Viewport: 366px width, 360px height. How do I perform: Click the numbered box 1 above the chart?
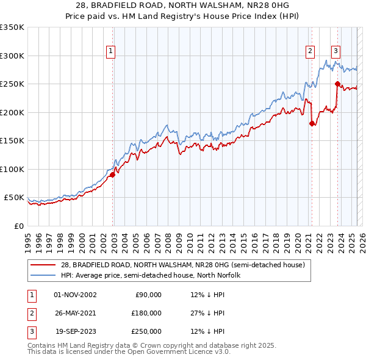pyautogui.click(x=111, y=52)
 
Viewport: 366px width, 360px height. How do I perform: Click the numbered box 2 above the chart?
pyautogui.click(x=310, y=52)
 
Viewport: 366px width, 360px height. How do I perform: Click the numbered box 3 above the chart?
pyautogui.click(x=336, y=52)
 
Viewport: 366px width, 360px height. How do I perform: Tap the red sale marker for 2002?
pyautogui.click(x=112, y=175)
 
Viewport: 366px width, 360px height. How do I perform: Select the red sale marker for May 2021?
pyautogui.click(x=312, y=123)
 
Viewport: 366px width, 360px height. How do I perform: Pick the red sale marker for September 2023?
pyautogui.click(x=337, y=84)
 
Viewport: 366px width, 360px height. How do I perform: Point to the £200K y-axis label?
pyautogui.click(x=12, y=112)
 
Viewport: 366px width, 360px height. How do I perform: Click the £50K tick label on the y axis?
pyautogui.click(x=14, y=198)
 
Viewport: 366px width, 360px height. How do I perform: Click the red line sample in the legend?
pyautogui.click(x=43, y=265)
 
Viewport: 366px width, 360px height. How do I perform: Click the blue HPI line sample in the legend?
pyautogui.click(x=43, y=275)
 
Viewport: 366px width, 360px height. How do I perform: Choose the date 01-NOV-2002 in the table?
pyautogui.click(x=75, y=295)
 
